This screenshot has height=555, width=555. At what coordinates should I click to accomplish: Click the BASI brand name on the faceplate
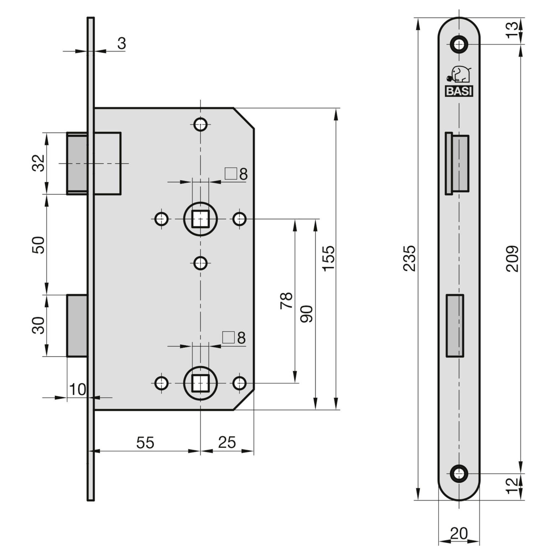(459, 91)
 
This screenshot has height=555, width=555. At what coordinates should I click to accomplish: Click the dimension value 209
(512, 258)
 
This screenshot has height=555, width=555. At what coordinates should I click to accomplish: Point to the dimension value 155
(328, 258)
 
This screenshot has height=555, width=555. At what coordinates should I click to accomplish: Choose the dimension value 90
(306, 314)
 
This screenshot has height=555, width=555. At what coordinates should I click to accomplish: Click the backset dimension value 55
(145, 442)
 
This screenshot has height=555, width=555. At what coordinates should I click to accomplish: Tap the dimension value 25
(227, 442)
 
